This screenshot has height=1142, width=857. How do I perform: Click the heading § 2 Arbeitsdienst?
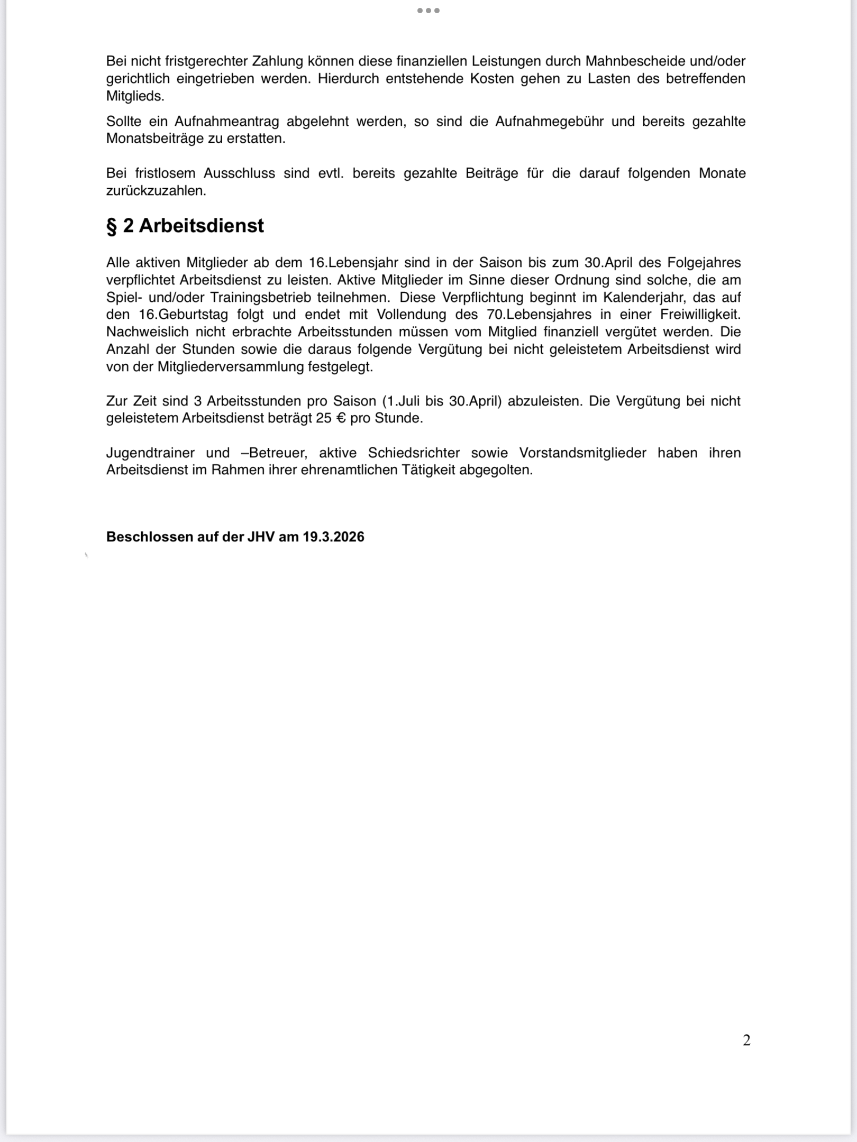(x=185, y=226)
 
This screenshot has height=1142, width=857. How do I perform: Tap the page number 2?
(x=746, y=1040)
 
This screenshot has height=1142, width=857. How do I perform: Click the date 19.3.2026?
(x=333, y=537)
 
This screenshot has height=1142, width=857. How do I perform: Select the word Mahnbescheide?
(x=632, y=61)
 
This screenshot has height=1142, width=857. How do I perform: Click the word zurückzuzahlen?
(x=156, y=191)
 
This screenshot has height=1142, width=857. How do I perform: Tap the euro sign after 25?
(x=341, y=418)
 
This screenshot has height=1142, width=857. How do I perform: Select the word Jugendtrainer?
(x=150, y=453)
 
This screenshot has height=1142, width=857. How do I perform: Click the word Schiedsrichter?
(x=414, y=453)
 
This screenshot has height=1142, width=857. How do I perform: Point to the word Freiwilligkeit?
(x=700, y=315)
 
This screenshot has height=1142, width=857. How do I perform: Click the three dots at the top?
(x=428, y=11)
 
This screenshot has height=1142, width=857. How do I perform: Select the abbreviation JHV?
(x=260, y=537)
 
